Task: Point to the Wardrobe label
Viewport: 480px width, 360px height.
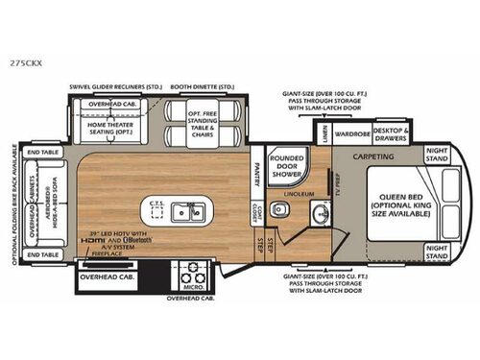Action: (353, 133)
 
